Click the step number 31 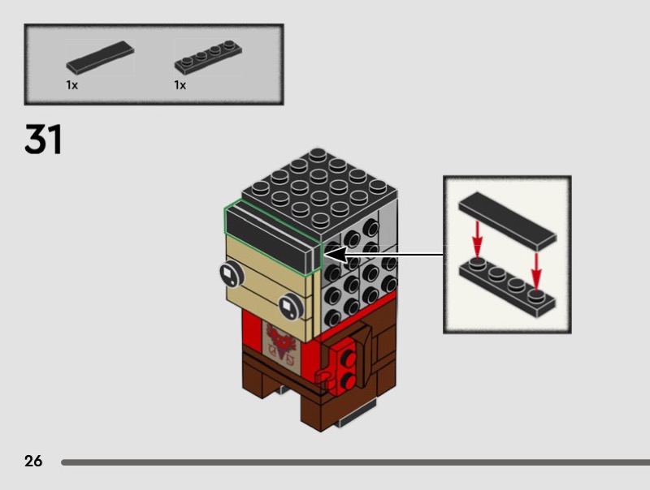point(43,139)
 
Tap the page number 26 point(33,461)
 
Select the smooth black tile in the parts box point(100,57)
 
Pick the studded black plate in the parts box point(208,57)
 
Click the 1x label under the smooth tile point(71,85)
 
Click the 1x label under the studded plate point(180,85)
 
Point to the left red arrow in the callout point(478,239)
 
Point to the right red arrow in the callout point(536,272)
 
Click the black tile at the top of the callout point(507,221)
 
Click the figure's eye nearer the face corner point(291,307)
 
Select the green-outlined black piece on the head point(273,238)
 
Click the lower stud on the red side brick point(349,380)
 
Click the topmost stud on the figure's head point(317,154)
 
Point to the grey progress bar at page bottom point(355,462)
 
